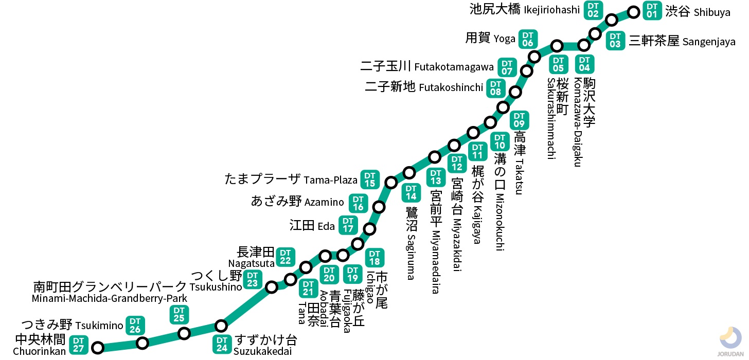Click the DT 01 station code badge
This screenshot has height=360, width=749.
coord(652,10)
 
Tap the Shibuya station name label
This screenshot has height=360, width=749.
coord(698,12)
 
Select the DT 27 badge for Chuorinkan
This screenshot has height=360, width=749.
coord(78,345)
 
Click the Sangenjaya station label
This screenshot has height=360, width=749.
coord(682,41)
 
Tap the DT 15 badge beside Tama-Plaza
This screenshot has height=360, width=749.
coord(370,179)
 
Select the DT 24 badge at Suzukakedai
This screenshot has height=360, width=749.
coord(222,345)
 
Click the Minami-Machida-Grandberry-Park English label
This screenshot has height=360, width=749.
coord(110,299)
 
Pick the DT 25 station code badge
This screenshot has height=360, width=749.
coord(179,314)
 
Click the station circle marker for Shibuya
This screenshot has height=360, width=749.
coord(634,11)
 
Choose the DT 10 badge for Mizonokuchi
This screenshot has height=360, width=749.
coord(500,141)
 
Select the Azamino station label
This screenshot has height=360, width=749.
coord(297,202)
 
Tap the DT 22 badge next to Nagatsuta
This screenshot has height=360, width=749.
coord(286,257)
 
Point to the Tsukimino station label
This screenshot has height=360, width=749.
coord(72,325)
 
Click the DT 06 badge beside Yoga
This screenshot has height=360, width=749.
coord(527,39)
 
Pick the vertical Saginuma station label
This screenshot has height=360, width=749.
coord(411,242)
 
